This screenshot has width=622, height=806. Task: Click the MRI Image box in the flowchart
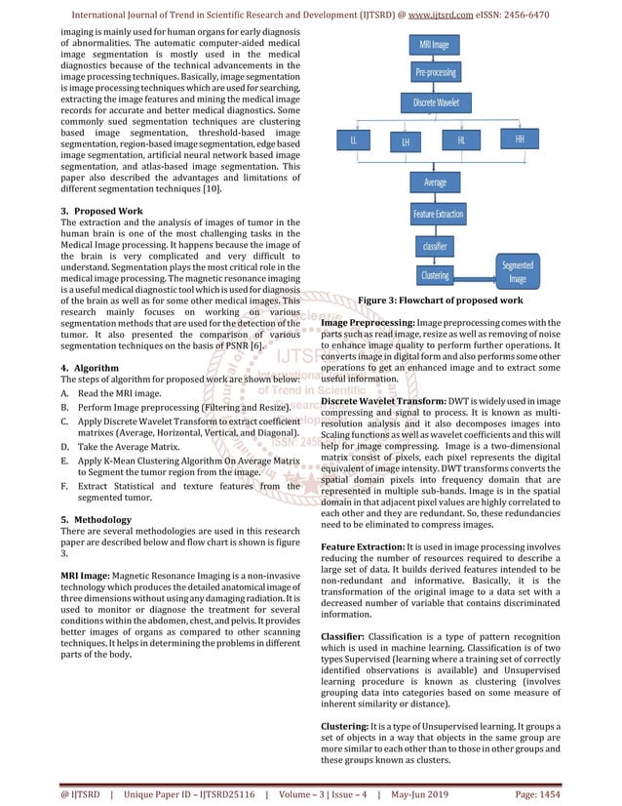point(434,45)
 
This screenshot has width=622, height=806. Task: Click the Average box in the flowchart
point(435,182)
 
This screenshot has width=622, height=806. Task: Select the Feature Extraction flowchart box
point(438,214)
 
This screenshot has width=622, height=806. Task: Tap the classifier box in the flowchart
point(435,247)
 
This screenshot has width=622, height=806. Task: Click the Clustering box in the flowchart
point(435,275)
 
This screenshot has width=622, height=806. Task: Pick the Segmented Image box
point(516,271)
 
